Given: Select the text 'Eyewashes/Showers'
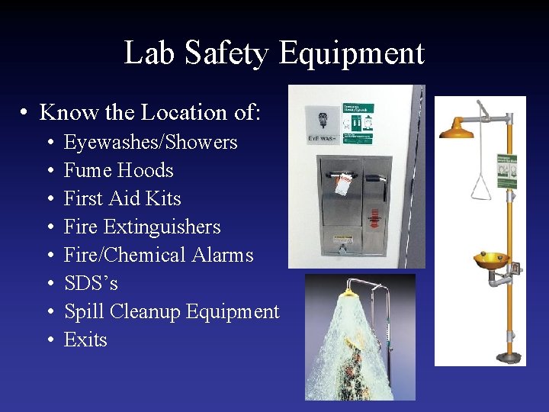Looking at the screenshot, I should click(x=150, y=143).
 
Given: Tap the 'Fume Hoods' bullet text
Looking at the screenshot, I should click(x=118, y=171).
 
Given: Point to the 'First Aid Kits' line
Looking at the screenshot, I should click(x=122, y=199).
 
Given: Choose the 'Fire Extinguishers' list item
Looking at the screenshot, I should click(x=142, y=227).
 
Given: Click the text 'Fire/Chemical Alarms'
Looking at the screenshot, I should click(x=158, y=255).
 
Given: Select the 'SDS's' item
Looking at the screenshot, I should click(x=91, y=283).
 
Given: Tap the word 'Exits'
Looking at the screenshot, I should click(x=85, y=340).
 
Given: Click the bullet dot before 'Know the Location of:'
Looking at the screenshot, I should click(x=25, y=113).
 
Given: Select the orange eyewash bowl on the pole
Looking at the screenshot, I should click(x=491, y=261).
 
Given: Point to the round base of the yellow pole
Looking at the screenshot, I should click(x=507, y=356).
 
